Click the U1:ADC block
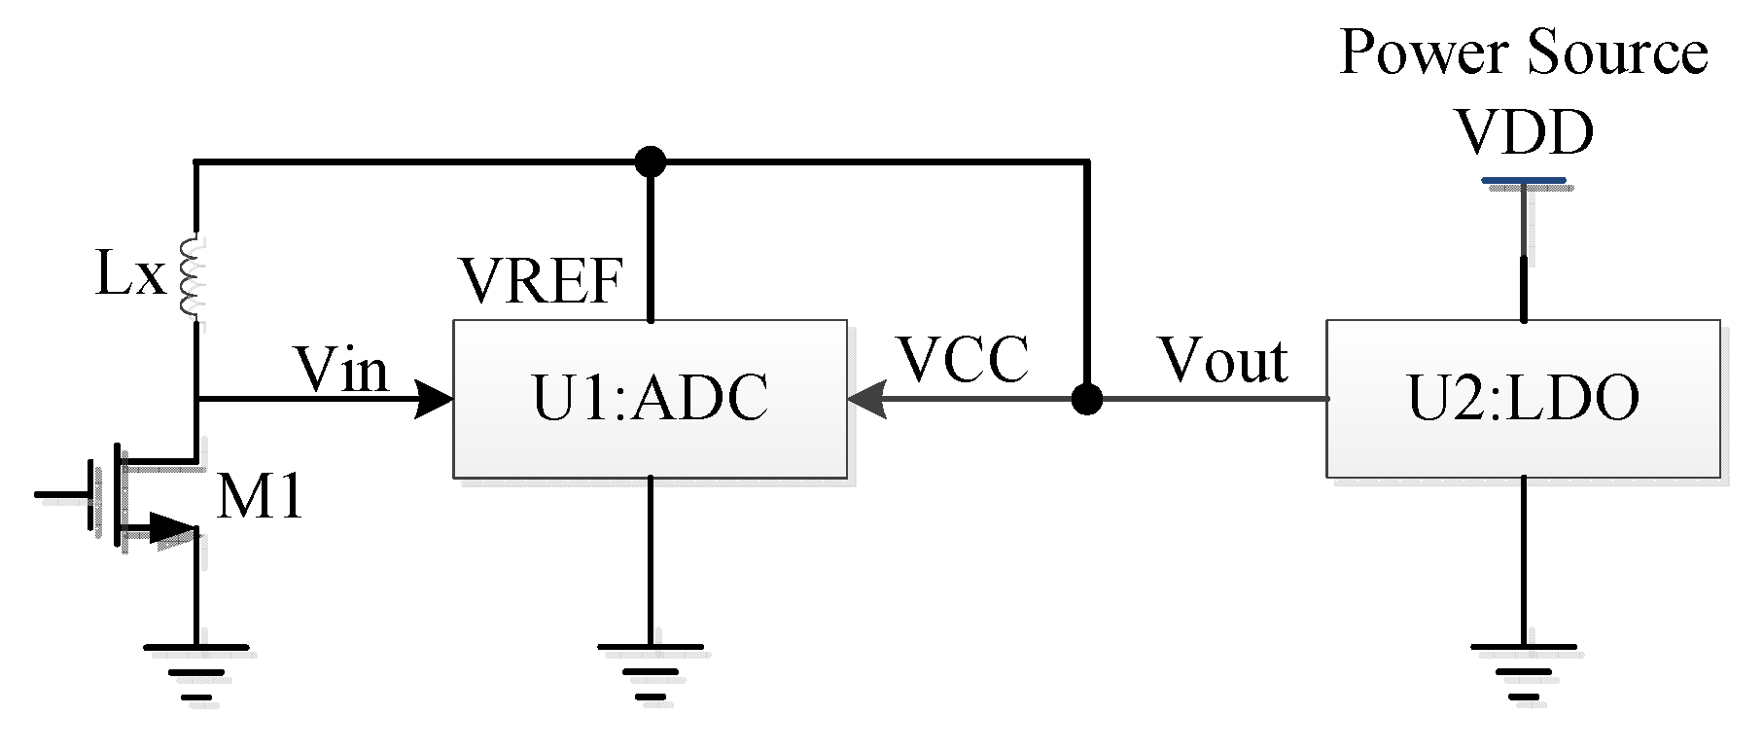[650, 399]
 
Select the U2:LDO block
[1523, 399]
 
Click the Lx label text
[130, 278]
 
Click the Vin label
[341, 370]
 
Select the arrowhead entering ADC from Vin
[434, 399]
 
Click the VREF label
[541, 282]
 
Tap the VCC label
[964, 360]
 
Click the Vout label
[1223, 361]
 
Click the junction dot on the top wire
[650, 161]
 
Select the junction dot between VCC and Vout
[1086, 399]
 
